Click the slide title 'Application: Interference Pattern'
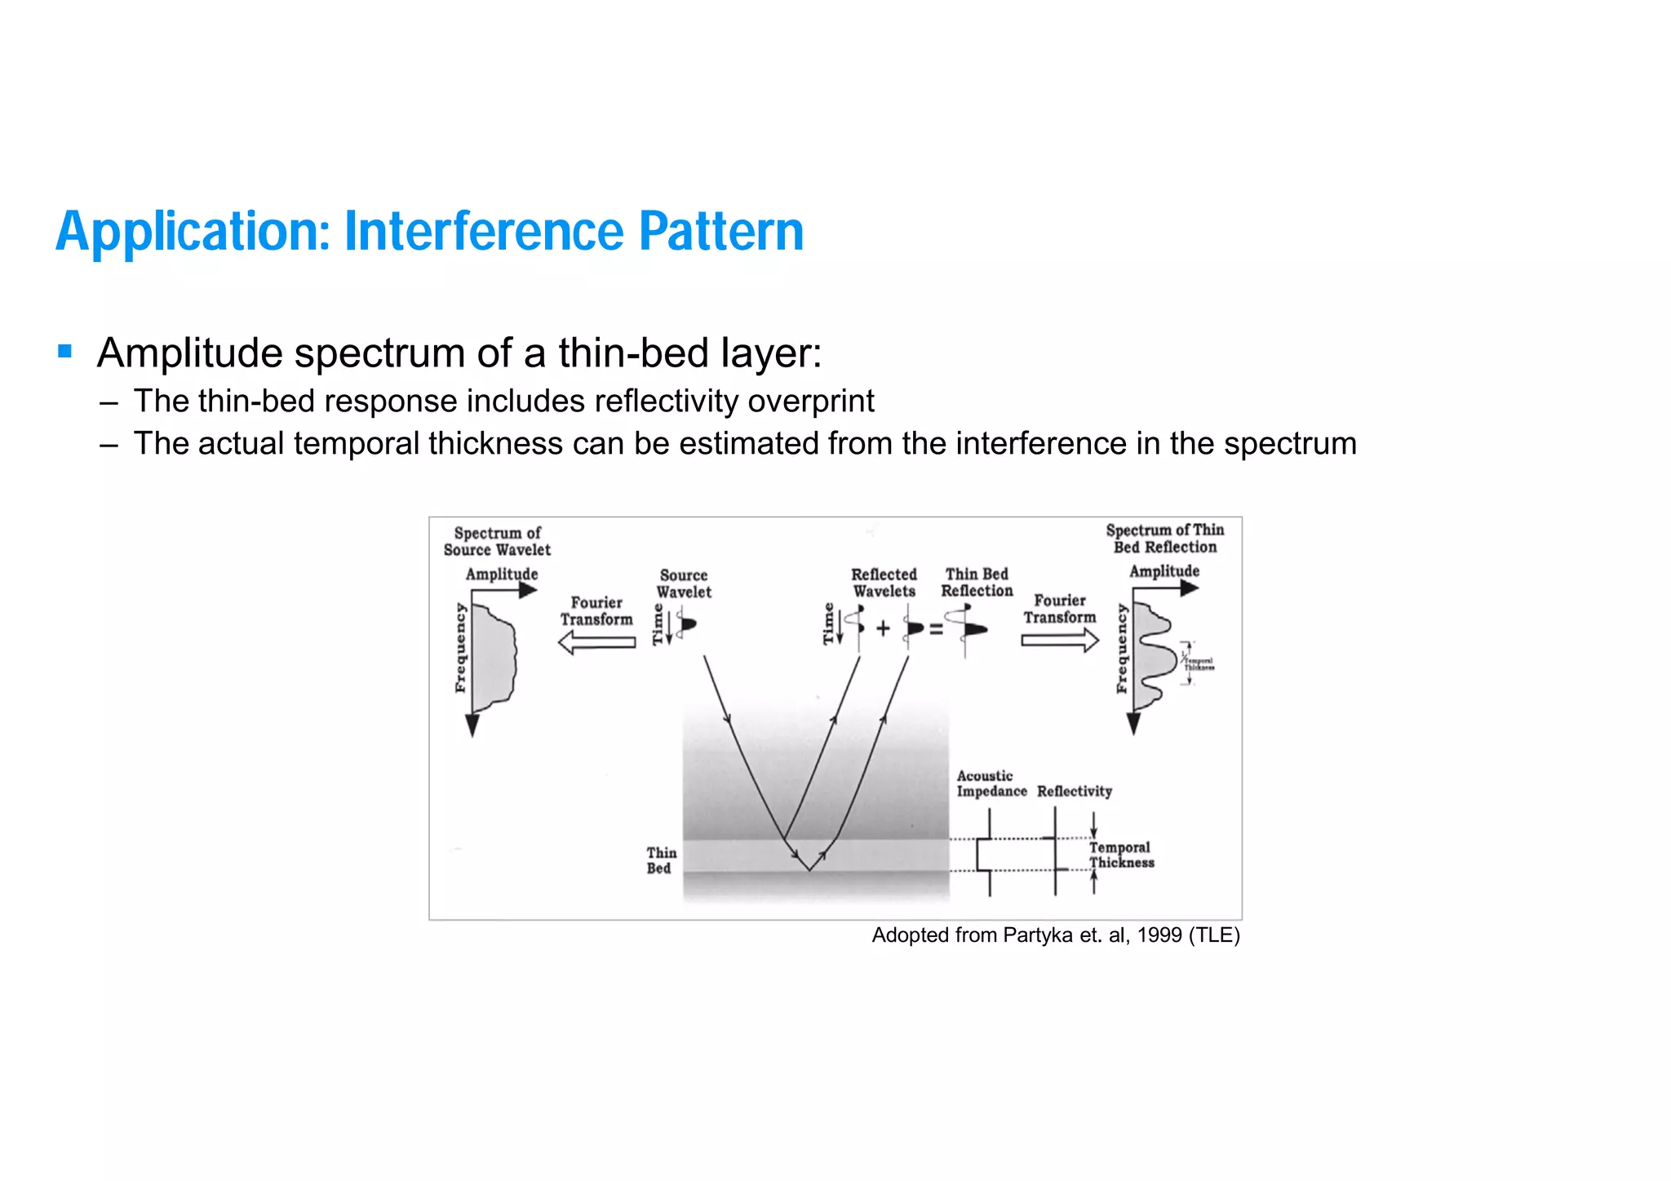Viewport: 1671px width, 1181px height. pos(429,231)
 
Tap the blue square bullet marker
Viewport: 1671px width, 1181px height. pos(65,352)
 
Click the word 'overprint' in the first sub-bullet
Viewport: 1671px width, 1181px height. pos(811,402)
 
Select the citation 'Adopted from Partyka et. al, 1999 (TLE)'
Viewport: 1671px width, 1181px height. pos(1055,935)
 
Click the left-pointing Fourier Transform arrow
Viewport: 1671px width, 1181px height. pos(596,643)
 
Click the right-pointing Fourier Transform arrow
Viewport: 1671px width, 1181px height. pos(1060,641)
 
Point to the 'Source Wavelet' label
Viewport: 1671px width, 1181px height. pos(684,584)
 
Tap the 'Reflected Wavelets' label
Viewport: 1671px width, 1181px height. pos(884,583)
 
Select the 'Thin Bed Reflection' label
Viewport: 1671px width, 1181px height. pos(977,582)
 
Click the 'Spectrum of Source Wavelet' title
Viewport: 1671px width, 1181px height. pos(497,541)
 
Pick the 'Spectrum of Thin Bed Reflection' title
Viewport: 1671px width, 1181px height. pos(1164,539)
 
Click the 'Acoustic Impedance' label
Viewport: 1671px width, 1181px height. pos(991,784)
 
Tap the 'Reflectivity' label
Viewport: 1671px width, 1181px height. pos(1074,791)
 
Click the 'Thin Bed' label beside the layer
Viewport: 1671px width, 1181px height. pos(661,860)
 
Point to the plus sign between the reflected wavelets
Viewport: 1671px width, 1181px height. pos(883,628)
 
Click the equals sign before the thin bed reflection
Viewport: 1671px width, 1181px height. pos(936,629)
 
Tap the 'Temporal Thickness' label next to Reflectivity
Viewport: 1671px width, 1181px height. pos(1121,855)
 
